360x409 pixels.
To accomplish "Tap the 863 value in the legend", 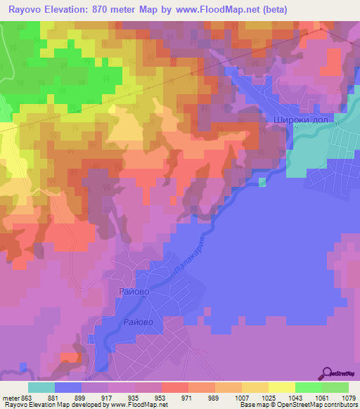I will tap(27, 397).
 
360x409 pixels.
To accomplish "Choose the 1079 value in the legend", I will tap(348, 397).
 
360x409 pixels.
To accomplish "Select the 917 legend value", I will tap(108, 397).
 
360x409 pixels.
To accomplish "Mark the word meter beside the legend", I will tap(10, 397).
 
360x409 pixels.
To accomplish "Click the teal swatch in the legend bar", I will tap(41, 387).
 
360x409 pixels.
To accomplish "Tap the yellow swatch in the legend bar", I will tap(281, 387).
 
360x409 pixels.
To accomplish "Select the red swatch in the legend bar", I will tap(174, 387).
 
